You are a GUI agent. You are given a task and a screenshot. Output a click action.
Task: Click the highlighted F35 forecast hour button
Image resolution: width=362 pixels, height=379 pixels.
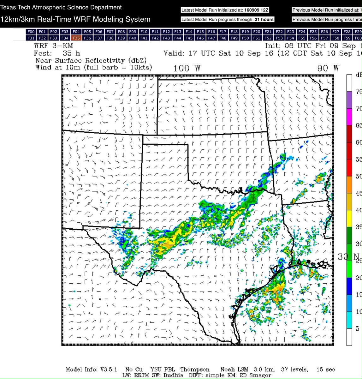point(76,38)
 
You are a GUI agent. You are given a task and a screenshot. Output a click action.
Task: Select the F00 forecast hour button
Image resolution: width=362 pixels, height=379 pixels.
point(31,32)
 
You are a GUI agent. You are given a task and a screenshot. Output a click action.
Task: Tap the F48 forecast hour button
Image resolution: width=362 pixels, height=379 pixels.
point(223,38)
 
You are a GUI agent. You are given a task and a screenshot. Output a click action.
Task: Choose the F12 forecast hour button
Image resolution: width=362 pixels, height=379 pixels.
point(166,32)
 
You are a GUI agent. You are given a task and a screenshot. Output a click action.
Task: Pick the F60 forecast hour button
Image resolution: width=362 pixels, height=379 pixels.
point(358,38)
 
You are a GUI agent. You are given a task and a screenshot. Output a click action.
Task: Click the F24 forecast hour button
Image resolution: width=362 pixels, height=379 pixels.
point(302,32)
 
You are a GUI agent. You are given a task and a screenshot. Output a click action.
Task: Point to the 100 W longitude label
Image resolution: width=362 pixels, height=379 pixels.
point(187,68)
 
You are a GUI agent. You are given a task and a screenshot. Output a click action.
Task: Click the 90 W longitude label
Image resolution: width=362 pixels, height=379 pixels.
point(329,68)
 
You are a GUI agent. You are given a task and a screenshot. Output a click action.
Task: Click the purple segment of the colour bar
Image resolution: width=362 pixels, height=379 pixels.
point(349,100)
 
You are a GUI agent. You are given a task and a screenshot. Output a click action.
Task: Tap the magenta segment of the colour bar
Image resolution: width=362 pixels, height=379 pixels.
point(349,117)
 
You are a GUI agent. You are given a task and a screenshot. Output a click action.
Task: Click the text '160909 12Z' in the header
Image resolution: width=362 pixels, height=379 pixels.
point(257,10)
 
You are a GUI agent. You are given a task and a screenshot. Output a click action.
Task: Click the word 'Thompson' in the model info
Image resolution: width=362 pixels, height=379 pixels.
point(195,370)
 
